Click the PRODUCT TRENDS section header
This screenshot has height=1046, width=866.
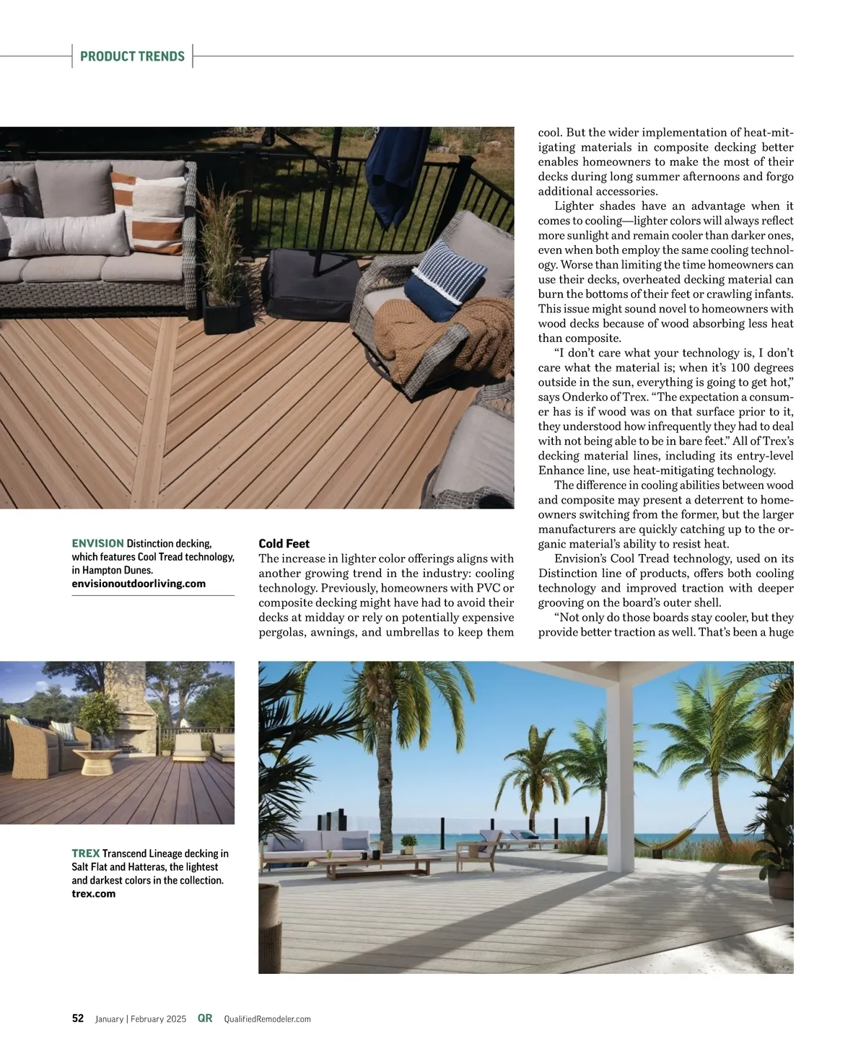(132, 56)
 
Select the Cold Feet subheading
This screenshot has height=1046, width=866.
(284, 543)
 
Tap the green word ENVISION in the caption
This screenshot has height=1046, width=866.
(97, 543)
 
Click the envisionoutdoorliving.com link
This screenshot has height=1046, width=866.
(139, 584)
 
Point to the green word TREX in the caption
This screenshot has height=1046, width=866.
(86, 853)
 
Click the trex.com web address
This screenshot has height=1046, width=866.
(94, 894)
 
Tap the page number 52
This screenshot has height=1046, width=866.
(78, 1019)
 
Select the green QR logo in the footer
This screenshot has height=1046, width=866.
(205, 1019)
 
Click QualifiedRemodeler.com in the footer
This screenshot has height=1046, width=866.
(267, 1019)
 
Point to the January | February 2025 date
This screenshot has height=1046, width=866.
(141, 1019)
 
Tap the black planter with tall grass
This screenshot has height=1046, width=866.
(225, 310)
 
